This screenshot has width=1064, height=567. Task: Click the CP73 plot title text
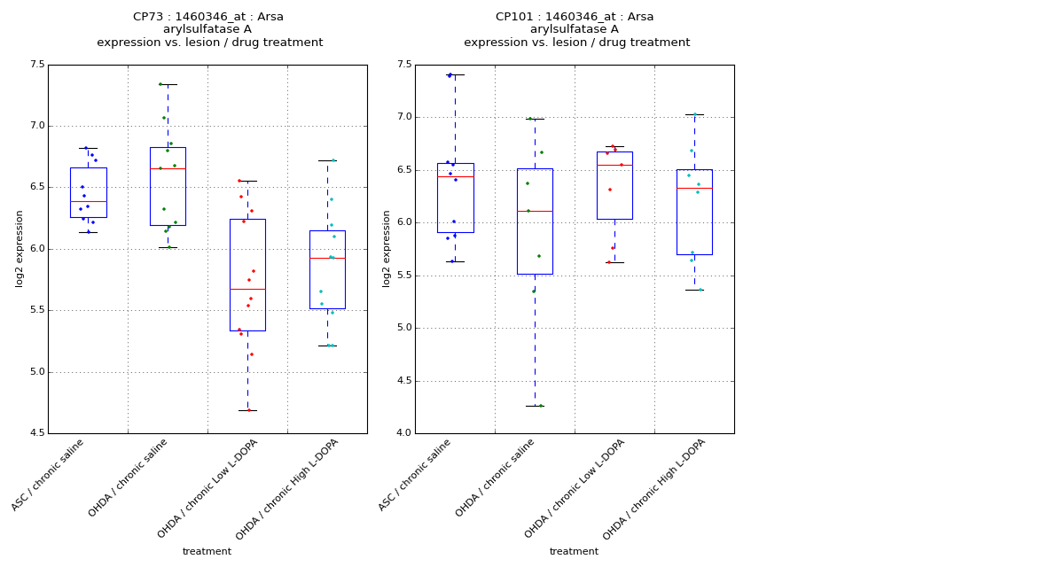tap(208, 17)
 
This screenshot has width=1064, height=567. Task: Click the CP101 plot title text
tap(575, 17)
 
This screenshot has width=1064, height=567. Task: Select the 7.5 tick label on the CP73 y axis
tap(36, 65)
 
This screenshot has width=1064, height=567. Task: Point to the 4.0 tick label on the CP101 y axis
tap(403, 433)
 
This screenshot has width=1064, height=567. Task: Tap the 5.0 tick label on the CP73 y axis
tap(36, 372)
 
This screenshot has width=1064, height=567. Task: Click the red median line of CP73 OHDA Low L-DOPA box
tap(247, 289)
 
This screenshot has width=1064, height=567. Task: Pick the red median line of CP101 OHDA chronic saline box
tap(535, 211)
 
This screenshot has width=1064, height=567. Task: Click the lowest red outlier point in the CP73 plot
tap(248, 410)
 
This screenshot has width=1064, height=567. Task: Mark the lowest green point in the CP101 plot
tap(541, 406)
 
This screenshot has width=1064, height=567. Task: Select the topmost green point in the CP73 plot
tap(160, 84)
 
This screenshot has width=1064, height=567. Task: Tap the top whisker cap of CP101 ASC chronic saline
tap(455, 74)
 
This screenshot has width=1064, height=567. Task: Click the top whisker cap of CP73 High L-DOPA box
tap(327, 160)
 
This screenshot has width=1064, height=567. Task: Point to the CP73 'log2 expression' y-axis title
tap(20, 248)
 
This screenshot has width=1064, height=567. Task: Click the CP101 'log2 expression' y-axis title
tap(387, 248)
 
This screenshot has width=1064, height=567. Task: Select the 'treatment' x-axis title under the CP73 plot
tap(207, 552)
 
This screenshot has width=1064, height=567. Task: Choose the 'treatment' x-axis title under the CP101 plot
tap(574, 552)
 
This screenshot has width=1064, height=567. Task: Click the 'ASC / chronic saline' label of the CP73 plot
tap(49, 475)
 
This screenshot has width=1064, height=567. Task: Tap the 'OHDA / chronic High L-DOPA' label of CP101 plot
tap(650, 488)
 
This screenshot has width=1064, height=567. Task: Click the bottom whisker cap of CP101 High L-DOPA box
tap(694, 290)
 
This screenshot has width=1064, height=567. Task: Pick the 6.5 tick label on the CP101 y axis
tap(403, 170)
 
